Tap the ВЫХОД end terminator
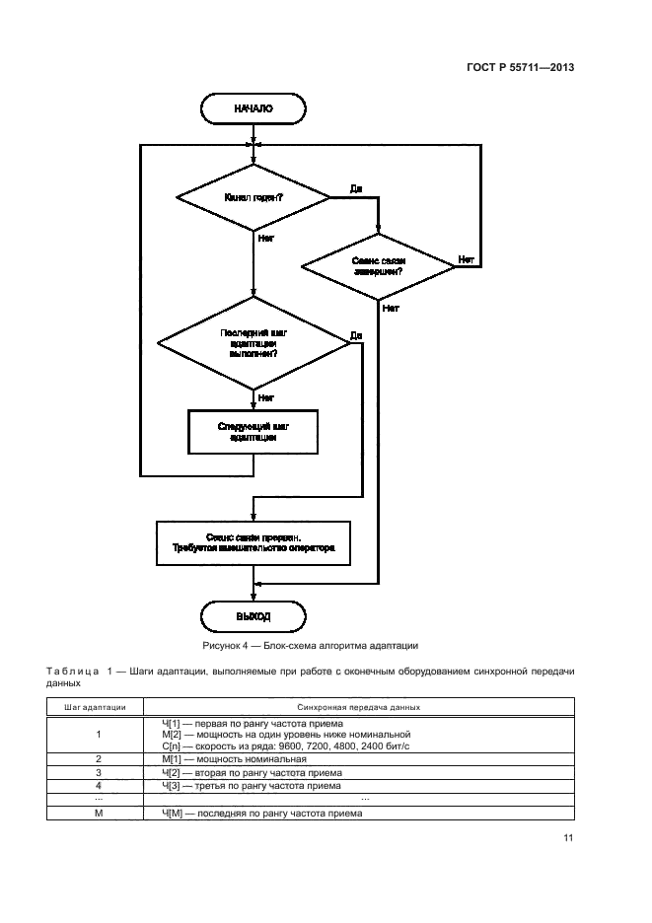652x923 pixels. (x=253, y=616)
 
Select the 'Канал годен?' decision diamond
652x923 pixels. (x=253, y=198)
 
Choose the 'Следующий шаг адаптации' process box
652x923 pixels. (x=253, y=431)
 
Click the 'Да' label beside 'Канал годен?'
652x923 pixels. (x=356, y=186)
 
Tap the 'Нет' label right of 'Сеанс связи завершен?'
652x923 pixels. (x=466, y=259)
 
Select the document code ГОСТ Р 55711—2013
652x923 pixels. (x=521, y=68)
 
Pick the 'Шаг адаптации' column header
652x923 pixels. (x=96, y=707)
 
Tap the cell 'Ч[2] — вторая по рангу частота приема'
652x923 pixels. (x=245, y=773)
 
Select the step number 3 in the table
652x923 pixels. (x=99, y=773)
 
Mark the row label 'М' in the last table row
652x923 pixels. (x=99, y=814)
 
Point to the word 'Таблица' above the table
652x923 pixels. (x=72, y=672)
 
